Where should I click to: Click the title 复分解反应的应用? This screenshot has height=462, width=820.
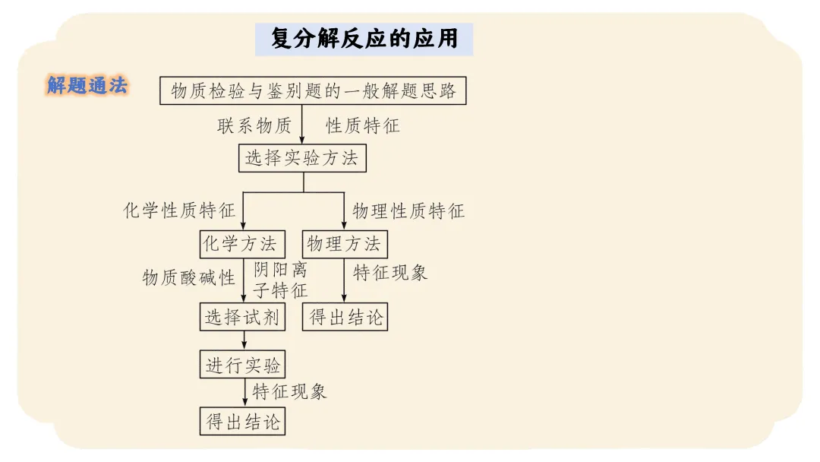364,39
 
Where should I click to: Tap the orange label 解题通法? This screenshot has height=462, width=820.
87,86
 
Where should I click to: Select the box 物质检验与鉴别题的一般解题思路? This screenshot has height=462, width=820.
313,91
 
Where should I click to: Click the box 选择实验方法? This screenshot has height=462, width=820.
302,159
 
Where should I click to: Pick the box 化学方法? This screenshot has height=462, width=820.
242,244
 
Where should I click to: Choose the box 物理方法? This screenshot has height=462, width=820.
344,244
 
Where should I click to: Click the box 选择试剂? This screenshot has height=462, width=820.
243,317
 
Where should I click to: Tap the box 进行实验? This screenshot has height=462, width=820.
243,365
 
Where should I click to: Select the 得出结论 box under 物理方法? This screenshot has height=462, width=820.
345,317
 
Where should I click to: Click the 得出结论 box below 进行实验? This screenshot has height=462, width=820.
243,421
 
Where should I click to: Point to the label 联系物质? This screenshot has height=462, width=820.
254,126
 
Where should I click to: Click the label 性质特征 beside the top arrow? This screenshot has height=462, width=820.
362,126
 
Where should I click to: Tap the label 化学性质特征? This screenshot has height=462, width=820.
179,210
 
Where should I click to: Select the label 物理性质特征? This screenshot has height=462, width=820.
408,210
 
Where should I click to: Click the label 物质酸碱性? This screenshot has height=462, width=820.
189,277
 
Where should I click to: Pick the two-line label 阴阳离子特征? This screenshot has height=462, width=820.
280,280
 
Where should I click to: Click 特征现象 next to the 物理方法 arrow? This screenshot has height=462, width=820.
390,273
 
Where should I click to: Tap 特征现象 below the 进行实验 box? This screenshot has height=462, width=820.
289,392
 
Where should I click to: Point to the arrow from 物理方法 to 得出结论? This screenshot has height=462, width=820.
344,281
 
